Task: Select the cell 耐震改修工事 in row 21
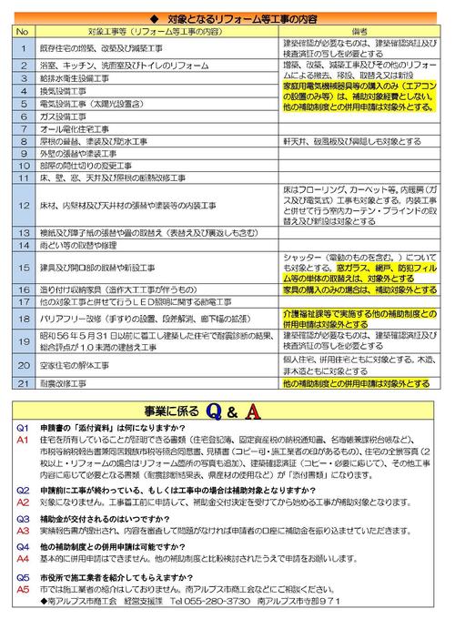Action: tap(64, 384)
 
